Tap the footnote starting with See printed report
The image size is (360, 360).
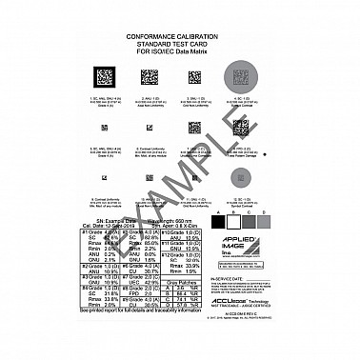(x=151, y=337)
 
